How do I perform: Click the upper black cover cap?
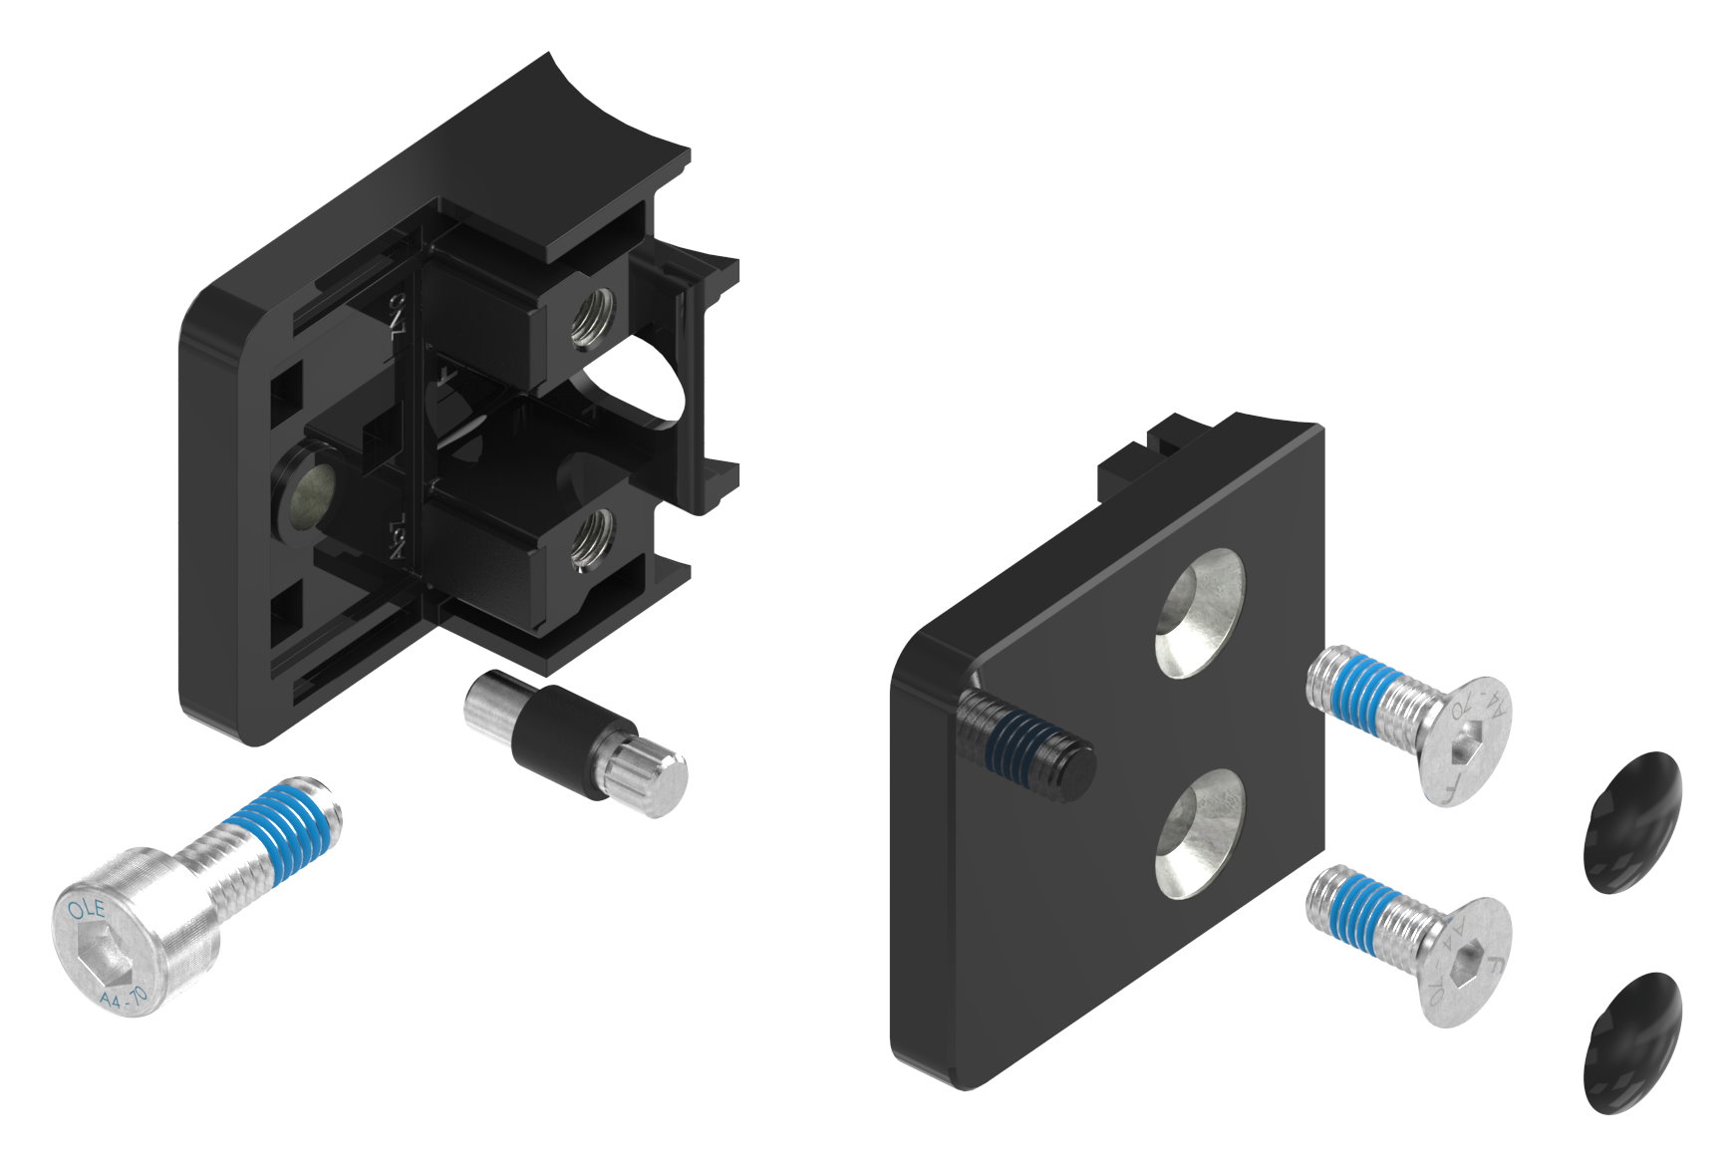(x=1631, y=821)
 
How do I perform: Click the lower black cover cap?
(x=1631, y=1041)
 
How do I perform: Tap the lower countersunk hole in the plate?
(x=1200, y=833)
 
